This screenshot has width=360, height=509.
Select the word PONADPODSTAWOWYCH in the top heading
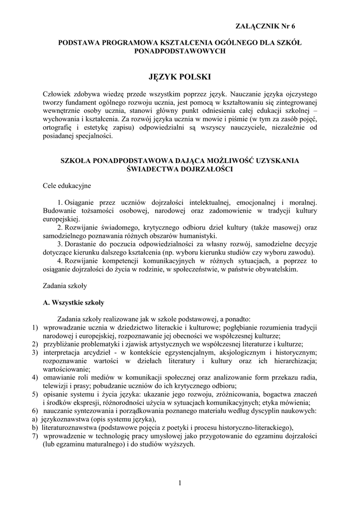tap(180, 51)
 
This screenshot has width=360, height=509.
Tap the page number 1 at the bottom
tap(180, 483)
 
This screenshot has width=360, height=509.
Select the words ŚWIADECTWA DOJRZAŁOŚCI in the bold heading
tap(180, 169)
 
